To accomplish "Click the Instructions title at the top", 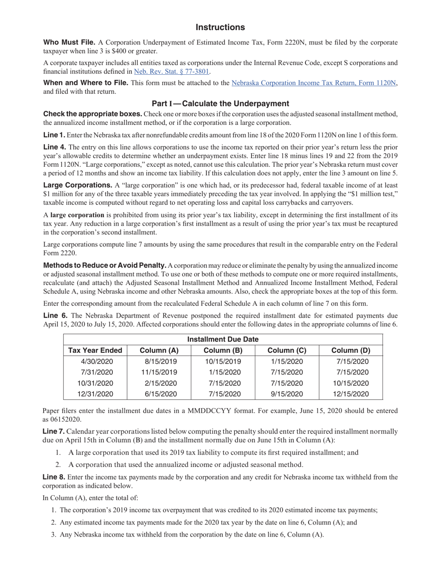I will pyautogui.click(x=220, y=27).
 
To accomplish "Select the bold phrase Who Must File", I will pyautogui.click(x=69, y=43).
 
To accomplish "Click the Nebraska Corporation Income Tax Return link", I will pyautogui.click(x=314, y=83).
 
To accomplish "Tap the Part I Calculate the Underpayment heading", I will pyautogui.click(x=220, y=104).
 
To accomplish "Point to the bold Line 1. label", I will pyautogui.click(x=54, y=135).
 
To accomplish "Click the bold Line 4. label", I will pyautogui.click(x=54, y=147).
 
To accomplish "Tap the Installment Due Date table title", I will pyautogui.click(x=223, y=339).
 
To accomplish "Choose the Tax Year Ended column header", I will pyautogui.click(x=95, y=350).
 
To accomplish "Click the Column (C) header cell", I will pyautogui.click(x=287, y=350).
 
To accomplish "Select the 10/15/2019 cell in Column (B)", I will pyautogui.click(x=223, y=362).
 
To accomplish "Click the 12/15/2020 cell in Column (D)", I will pyautogui.click(x=350, y=394).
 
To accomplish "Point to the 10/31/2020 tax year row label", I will pyautogui.click(x=97, y=383).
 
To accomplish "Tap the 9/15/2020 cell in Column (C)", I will pyautogui.click(x=286, y=394).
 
